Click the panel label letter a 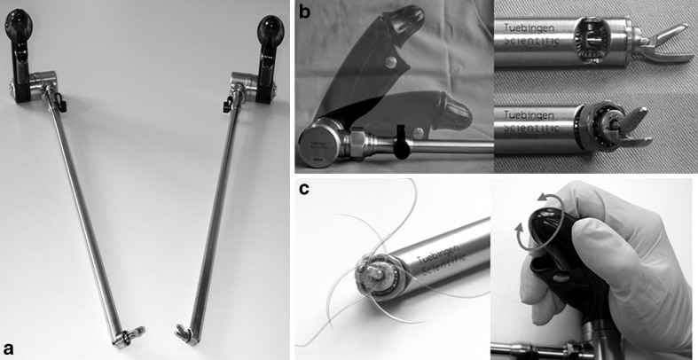point(10,348)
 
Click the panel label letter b point(305,12)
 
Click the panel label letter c point(305,189)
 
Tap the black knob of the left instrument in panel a point(16,20)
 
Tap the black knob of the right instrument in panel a point(271,28)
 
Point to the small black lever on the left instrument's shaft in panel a point(62,106)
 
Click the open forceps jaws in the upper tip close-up point(664,43)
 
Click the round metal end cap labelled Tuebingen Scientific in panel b point(319,146)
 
